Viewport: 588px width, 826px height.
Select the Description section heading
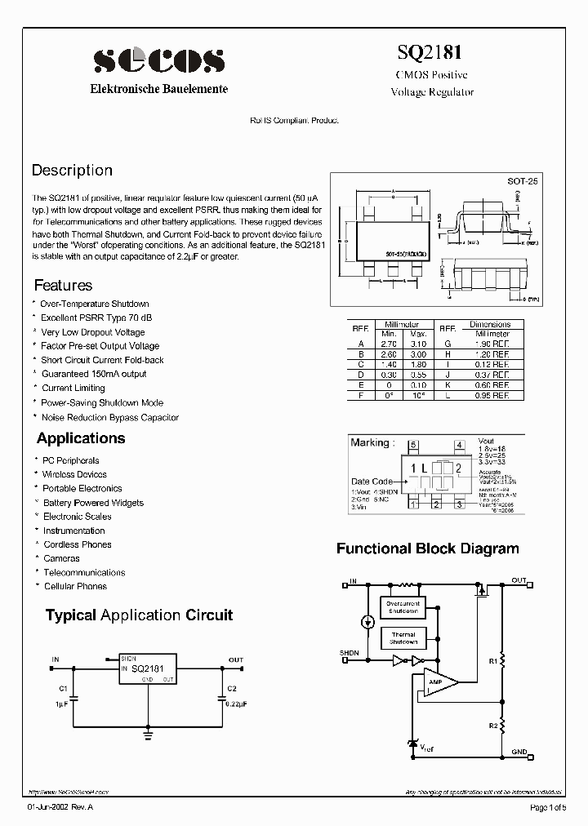pyautogui.click(x=72, y=171)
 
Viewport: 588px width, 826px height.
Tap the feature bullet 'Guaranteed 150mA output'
pyautogui.click(x=94, y=374)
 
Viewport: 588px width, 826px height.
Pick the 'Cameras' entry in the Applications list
pyautogui.click(x=61, y=558)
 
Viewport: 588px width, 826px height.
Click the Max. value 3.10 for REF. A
pyautogui.click(x=418, y=344)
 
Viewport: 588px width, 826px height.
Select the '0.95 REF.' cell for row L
pyautogui.click(x=492, y=395)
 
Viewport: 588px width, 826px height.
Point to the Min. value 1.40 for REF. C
pyautogui.click(x=388, y=364)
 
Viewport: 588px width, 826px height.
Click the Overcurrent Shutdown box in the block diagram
pyautogui.click(x=403, y=607)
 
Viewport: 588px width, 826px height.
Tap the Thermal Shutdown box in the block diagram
pyautogui.click(x=403, y=638)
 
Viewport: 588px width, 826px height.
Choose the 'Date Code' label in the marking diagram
pyautogui.click(x=372, y=481)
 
